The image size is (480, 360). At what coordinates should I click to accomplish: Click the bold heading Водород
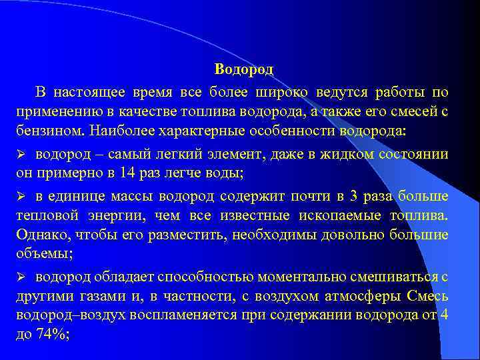pos(244,69)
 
